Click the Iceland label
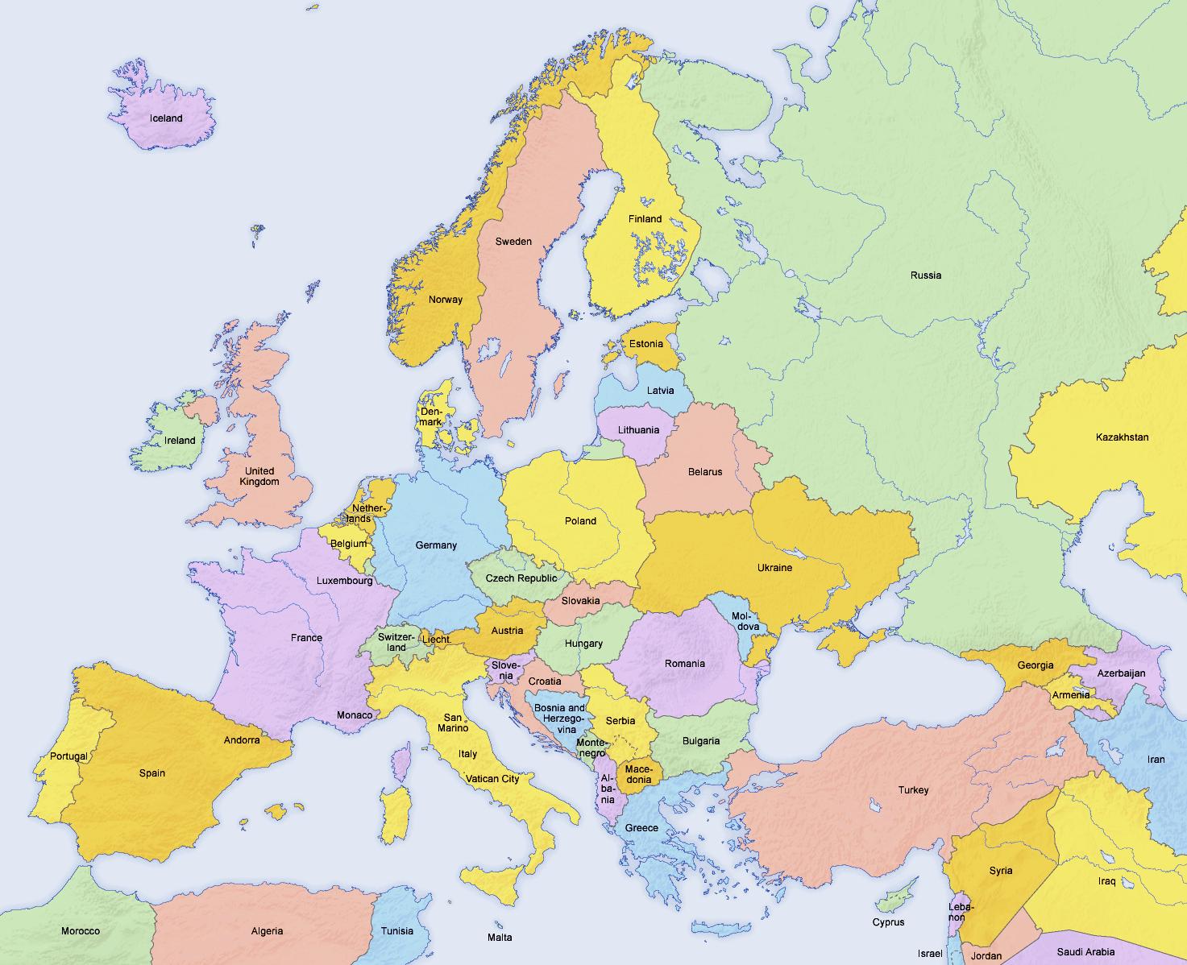[166, 118]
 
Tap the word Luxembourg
[344, 580]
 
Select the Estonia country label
[645, 344]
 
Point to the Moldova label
[745, 621]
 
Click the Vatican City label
[492, 779]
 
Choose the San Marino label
[452, 723]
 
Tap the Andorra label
[242, 739]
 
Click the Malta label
[499, 937]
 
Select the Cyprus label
[888, 922]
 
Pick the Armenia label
[1070, 694]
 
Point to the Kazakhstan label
[1122, 437]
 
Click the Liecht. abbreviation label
[436, 639]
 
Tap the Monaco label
[355, 714]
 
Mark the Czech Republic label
[521, 578]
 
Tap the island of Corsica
[401, 760]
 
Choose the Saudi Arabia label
[1085, 951]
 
